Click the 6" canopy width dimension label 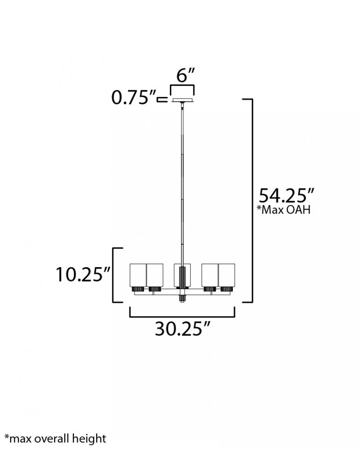(x=186, y=75)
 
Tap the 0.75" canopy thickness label (x=134, y=97)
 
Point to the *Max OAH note (x=284, y=210)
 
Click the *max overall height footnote (x=56, y=438)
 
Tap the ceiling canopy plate (x=182, y=100)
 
